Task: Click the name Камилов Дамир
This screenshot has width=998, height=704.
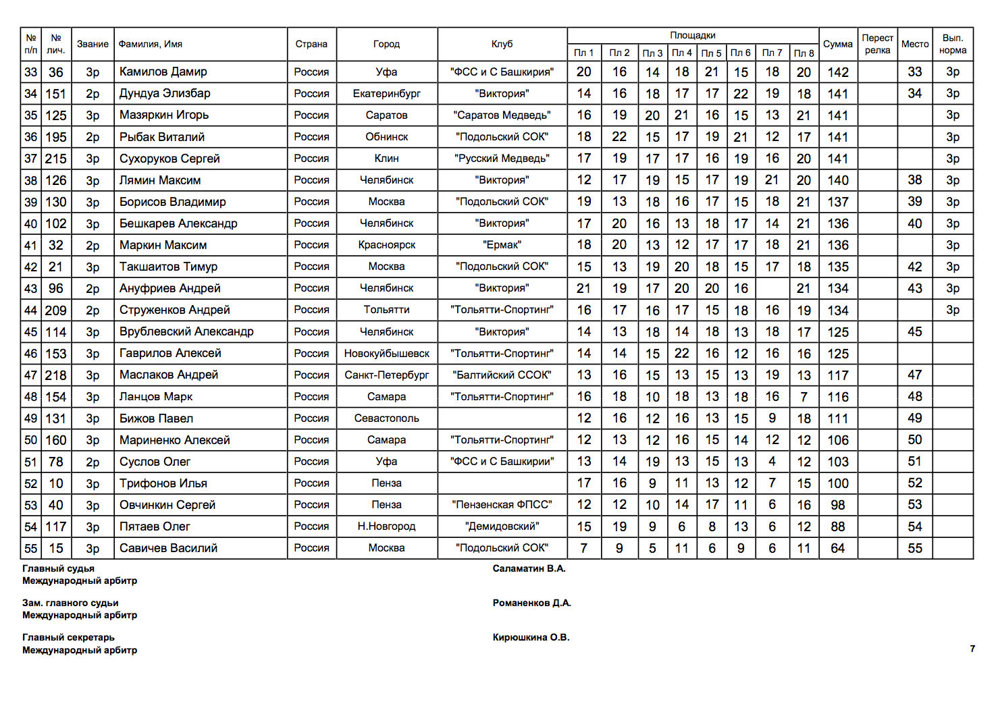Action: tap(163, 72)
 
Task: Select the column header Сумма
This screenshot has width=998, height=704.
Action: tap(837, 44)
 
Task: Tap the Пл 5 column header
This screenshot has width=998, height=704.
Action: tap(711, 53)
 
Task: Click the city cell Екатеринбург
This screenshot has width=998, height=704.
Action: tap(386, 93)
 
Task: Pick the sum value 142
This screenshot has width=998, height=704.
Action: tap(837, 72)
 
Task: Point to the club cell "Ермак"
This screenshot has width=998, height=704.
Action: tap(502, 245)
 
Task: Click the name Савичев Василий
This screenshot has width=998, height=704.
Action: tap(168, 548)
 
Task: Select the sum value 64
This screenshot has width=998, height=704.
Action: tap(837, 548)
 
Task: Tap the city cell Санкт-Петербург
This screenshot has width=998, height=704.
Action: tap(386, 375)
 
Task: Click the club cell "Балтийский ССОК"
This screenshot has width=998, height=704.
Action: tap(502, 375)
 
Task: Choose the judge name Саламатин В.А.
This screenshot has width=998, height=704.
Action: tap(529, 568)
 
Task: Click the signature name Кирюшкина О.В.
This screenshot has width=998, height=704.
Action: tap(531, 637)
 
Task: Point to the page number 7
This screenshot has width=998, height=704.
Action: tap(972, 649)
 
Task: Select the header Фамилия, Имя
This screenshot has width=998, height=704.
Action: tap(150, 44)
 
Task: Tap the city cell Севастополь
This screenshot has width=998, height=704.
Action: tap(386, 418)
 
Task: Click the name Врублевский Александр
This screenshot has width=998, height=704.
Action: tap(186, 331)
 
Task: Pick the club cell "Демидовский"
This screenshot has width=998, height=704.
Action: tap(502, 526)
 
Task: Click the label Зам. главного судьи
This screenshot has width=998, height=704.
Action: tap(70, 603)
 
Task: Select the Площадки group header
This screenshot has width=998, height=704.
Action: tap(692, 35)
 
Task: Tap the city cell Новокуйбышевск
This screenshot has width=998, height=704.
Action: tap(386, 353)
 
